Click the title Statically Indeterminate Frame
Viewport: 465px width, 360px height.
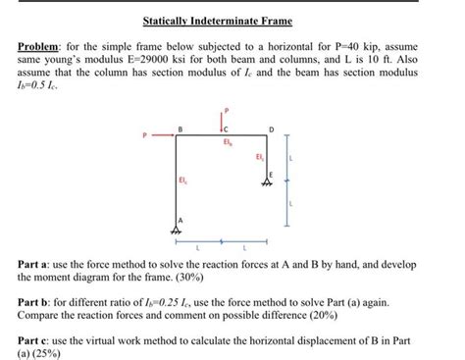click(232, 21)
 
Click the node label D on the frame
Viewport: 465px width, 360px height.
click(271, 129)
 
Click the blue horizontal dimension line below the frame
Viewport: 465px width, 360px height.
click(224, 240)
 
